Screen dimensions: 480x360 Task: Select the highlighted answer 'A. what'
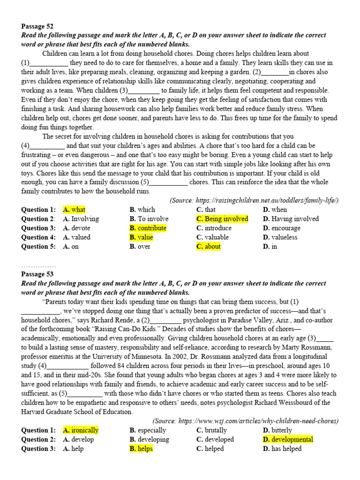click(74, 210)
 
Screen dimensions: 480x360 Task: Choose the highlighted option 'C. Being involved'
click(222, 219)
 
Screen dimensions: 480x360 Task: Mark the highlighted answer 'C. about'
click(209, 247)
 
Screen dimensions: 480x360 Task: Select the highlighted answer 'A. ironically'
click(81, 430)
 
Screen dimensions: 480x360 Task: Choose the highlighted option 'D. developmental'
click(288, 439)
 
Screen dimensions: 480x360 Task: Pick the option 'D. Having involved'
click(291, 219)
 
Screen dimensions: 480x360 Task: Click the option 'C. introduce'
click(215, 228)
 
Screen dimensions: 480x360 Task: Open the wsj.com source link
click(258, 421)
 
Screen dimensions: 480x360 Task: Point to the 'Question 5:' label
click(38, 247)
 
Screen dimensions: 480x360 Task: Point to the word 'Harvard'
click(35, 412)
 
